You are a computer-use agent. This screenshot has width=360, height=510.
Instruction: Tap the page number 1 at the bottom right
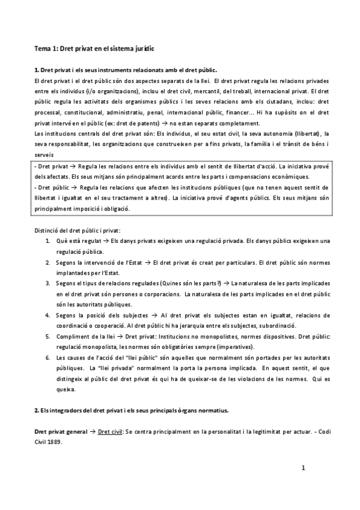point(304,467)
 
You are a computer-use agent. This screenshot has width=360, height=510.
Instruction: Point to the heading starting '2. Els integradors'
point(131,410)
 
